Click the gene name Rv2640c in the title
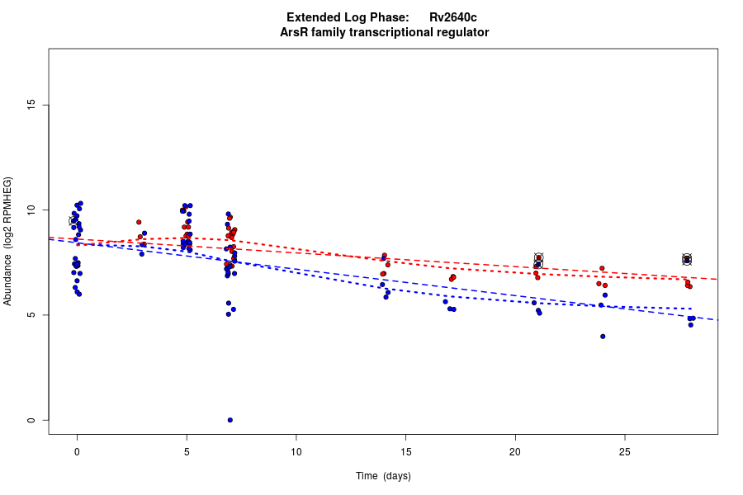(452, 17)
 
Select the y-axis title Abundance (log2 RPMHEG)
(8, 241)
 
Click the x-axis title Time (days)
(383, 476)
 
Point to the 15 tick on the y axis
(31, 105)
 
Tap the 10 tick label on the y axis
(31, 210)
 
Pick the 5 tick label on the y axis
(31, 315)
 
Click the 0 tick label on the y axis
(31, 420)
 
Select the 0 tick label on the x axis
(77, 451)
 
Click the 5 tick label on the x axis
(187, 451)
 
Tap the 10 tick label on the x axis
(296, 451)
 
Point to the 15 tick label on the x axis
(405, 451)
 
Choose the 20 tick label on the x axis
(515, 451)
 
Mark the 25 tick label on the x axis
(625, 451)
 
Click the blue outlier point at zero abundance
(230, 420)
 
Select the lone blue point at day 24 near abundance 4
(603, 337)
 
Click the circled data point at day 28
(687, 259)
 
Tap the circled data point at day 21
(538, 258)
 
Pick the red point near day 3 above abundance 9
(139, 222)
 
